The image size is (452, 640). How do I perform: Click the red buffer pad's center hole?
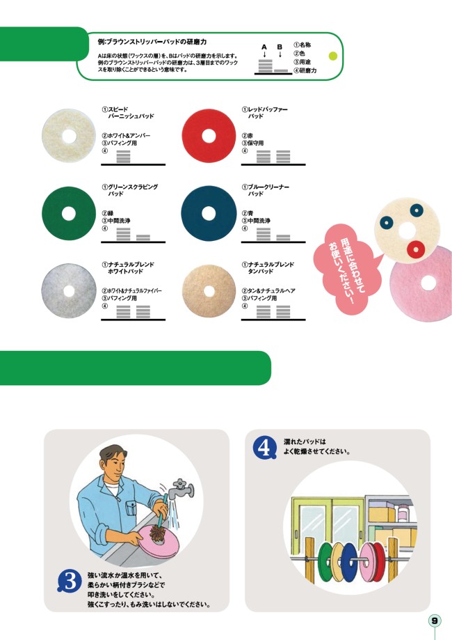point(209,136)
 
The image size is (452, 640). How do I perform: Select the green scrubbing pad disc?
point(68,214)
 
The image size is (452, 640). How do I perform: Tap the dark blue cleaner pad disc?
point(209,214)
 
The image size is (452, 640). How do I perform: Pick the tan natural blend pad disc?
point(209,291)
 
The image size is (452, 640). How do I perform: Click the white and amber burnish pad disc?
point(68,136)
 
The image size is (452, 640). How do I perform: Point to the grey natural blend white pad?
point(69,291)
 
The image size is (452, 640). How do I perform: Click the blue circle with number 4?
point(264,448)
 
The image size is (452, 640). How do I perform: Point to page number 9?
point(435,621)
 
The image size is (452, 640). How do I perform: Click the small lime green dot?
point(333,56)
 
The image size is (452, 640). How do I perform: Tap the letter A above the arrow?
point(264,47)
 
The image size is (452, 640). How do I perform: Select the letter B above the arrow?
point(280,47)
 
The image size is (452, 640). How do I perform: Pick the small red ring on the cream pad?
point(416,249)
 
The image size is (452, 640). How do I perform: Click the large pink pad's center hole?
point(428,283)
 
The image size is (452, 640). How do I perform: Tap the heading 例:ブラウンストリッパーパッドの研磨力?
point(152,42)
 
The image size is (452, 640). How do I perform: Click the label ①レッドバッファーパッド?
point(265,113)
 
